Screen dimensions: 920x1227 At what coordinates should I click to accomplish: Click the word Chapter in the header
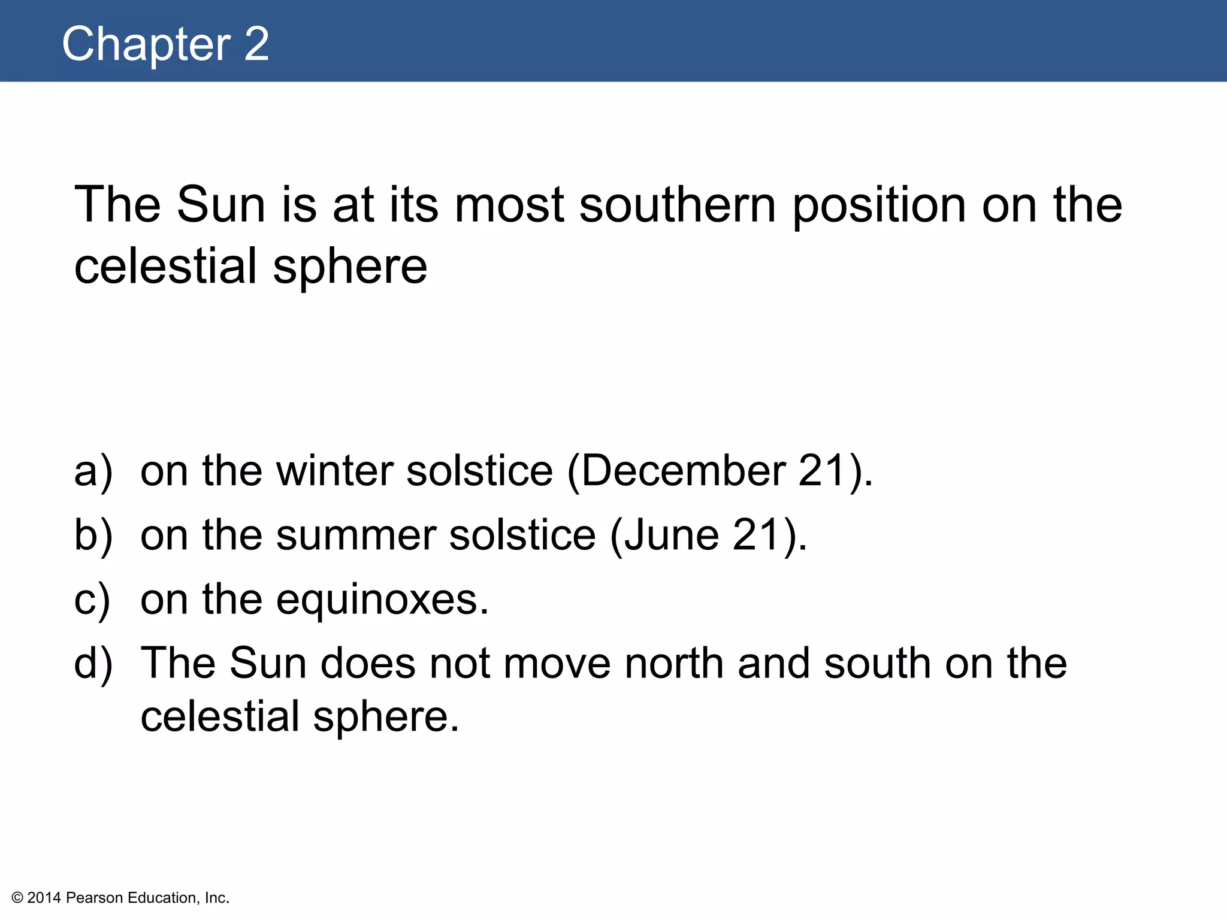[146, 44]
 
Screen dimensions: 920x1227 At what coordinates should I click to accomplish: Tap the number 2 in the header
[256, 44]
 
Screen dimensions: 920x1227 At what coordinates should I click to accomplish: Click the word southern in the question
[677, 205]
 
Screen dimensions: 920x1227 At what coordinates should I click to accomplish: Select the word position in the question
[880, 205]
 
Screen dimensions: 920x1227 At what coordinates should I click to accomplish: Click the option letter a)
[93, 471]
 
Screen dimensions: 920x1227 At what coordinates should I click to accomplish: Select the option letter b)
[93, 535]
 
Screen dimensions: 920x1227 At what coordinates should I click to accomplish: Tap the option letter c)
[92, 599]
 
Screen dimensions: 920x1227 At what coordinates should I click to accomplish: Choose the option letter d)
[93, 663]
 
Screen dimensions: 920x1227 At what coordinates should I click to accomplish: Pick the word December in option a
[683, 471]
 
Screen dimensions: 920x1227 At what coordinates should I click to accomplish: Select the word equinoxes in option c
[382, 599]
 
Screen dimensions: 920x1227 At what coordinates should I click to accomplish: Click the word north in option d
[674, 663]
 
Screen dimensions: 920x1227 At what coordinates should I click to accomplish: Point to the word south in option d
[878, 663]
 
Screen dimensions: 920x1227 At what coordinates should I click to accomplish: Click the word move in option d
[557, 663]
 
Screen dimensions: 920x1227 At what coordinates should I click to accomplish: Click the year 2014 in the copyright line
[44, 898]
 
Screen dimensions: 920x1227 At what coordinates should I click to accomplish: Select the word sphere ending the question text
[350, 267]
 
